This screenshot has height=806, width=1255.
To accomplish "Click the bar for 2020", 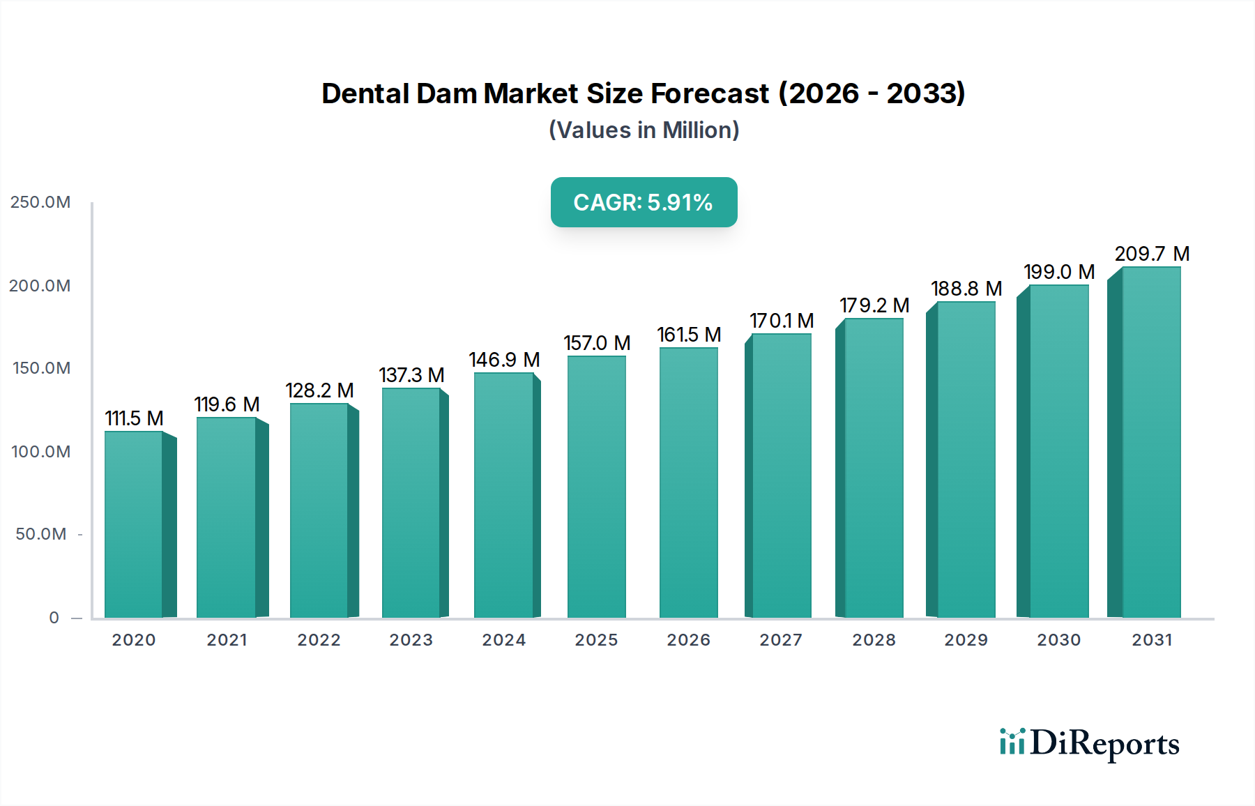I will click(x=134, y=524).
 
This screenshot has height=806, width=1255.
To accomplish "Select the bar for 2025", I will click(x=596, y=487).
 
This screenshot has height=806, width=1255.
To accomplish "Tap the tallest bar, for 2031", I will click(x=1151, y=442).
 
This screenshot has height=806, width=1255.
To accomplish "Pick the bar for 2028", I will click(x=874, y=468).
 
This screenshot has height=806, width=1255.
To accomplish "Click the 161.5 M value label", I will click(x=689, y=335).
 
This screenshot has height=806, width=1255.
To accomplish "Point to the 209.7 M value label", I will click(x=1152, y=254).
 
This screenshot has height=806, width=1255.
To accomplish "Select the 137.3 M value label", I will click(x=411, y=375).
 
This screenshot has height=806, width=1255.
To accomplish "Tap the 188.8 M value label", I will click(x=966, y=289).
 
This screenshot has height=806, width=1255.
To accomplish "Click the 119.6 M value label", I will click(x=227, y=404).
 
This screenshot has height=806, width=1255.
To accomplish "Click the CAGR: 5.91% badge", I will click(x=644, y=202).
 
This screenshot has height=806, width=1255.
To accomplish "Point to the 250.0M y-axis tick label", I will click(x=40, y=202).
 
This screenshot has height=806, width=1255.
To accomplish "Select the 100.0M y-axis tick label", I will click(x=40, y=452).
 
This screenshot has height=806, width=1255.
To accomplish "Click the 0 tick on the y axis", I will click(x=54, y=618).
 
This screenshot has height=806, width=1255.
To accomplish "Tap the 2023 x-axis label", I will click(x=411, y=640).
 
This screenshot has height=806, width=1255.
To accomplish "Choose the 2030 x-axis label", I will click(x=1058, y=640).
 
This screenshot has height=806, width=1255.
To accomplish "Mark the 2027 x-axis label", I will click(x=781, y=640).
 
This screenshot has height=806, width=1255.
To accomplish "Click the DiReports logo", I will click(x=1089, y=743).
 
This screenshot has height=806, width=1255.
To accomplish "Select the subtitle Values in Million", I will click(x=644, y=130).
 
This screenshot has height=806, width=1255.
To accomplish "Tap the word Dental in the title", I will click(x=365, y=93).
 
